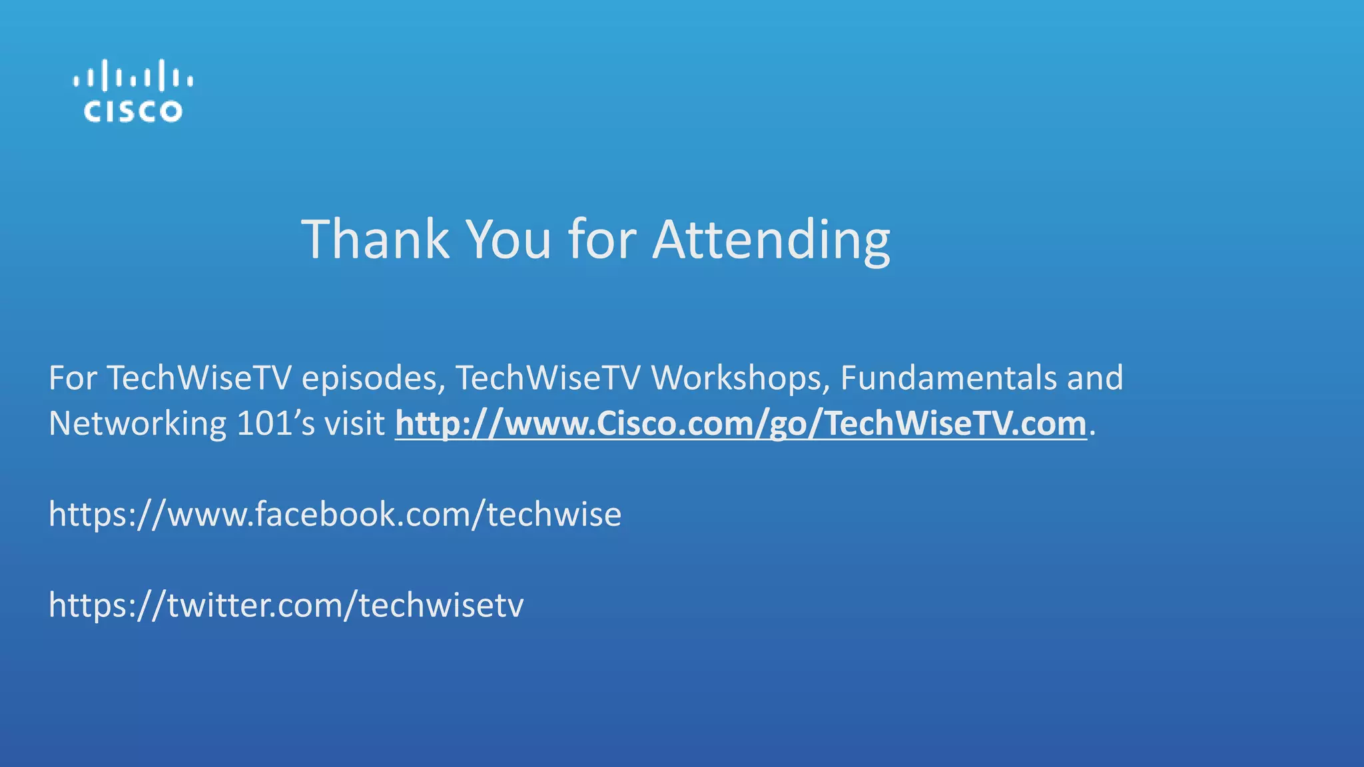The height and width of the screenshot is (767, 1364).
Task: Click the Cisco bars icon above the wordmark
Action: pyautogui.click(x=133, y=76)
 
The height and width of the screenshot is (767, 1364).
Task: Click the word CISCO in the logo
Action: pyautogui.click(x=133, y=111)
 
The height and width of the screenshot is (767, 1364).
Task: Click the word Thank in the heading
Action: pyautogui.click(x=376, y=239)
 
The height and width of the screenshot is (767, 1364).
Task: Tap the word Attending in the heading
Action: pyautogui.click(x=771, y=240)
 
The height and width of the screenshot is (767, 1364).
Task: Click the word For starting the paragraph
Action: pyautogui.click(x=73, y=378)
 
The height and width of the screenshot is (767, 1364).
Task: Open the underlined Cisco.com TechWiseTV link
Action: pyautogui.click(x=741, y=424)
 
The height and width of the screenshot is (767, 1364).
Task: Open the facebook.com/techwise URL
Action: pyautogui.click(x=335, y=515)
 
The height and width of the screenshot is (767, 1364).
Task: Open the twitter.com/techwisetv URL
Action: pyautogui.click(x=286, y=605)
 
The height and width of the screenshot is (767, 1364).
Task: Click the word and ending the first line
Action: pyautogui.click(x=1095, y=378)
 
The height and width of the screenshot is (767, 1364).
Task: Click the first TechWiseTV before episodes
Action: pyautogui.click(x=199, y=378)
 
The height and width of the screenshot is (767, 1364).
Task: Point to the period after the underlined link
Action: pyautogui.click(x=1092, y=433)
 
